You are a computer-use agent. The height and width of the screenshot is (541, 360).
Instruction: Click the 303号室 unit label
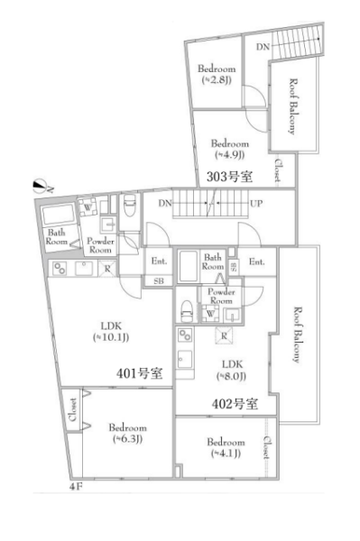tap(229, 177)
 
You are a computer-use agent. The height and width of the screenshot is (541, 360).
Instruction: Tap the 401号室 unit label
tap(139, 373)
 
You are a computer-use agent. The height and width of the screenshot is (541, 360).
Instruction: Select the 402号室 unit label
tap(235, 403)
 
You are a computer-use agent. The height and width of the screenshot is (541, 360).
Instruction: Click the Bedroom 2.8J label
tap(217, 74)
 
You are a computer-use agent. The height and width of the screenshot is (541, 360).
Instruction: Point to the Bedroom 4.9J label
tap(229, 149)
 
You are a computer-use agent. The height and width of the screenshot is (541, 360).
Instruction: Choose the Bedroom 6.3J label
tap(127, 433)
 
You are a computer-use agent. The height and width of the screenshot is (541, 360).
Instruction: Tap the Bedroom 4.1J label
tap(226, 447)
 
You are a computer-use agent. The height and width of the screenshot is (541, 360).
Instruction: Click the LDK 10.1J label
tap(111, 331)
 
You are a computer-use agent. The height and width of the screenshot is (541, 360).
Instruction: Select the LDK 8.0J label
tap(232, 370)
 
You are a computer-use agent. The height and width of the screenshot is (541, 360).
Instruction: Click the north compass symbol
tap(41, 187)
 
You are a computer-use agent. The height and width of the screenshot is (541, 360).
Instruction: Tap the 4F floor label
tap(76, 487)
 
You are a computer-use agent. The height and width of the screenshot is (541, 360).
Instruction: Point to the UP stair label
tap(255, 204)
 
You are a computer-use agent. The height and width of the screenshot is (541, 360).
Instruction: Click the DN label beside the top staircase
tap(263, 47)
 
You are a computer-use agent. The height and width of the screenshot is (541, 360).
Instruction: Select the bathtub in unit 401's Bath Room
tap(58, 215)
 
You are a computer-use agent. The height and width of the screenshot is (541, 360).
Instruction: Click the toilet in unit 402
tap(187, 310)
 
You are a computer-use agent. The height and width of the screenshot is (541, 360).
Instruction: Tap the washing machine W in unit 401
tap(88, 207)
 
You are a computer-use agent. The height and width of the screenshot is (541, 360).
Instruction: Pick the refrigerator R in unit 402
tap(224, 335)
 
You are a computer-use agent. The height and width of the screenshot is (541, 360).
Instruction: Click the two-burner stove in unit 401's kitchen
tap(60, 269)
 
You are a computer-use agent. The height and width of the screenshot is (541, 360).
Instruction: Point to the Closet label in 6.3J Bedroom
tap(73, 409)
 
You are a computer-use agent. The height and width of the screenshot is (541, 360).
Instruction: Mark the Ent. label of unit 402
tap(256, 261)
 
